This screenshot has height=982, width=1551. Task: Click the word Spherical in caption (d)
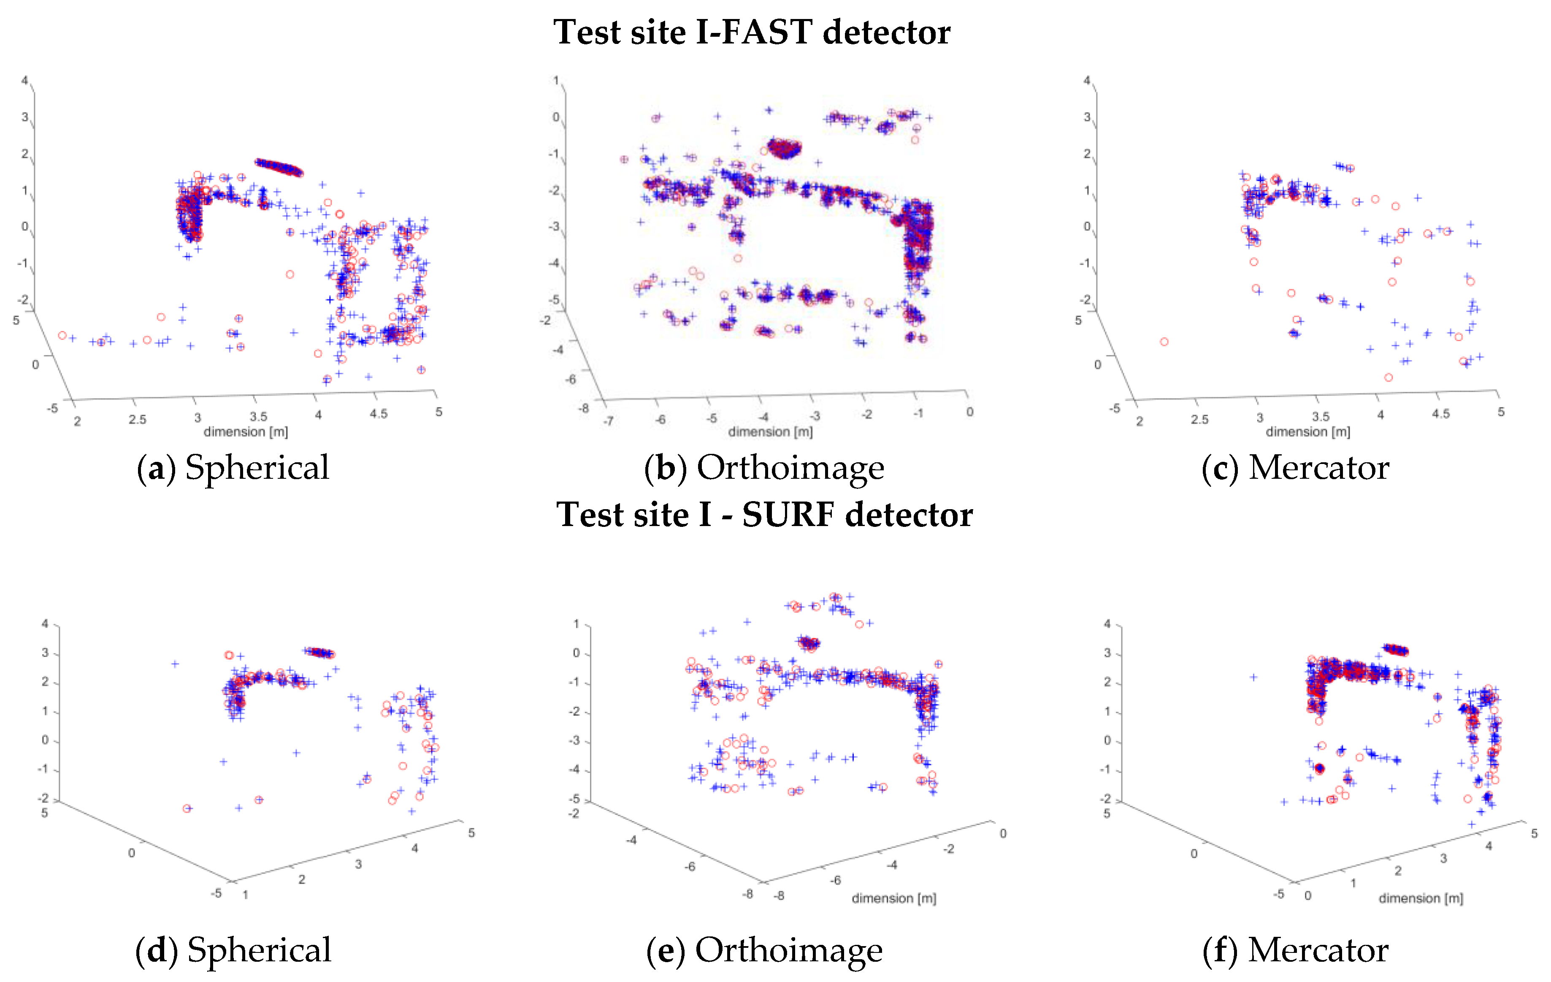pyautogui.click(x=259, y=950)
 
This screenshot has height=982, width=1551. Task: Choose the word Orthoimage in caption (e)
pyautogui.click(x=789, y=950)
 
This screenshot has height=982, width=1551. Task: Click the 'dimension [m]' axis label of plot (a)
pyautogui.click(x=245, y=432)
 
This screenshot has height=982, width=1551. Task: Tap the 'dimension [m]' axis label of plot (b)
pyautogui.click(x=770, y=432)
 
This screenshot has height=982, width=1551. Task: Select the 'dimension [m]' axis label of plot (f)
pyautogui.click(x=1421, y=898)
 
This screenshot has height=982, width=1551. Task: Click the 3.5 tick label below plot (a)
pyautogui.click(x=258, y=417)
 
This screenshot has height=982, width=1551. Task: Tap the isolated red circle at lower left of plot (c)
pyautogui.click(x=1164, y=342)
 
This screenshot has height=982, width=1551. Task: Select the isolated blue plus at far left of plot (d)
pyautogui.click(x=175, y=664)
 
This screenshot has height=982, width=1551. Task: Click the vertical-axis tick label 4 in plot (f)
pyautogui.click(x=1107, y=624)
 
